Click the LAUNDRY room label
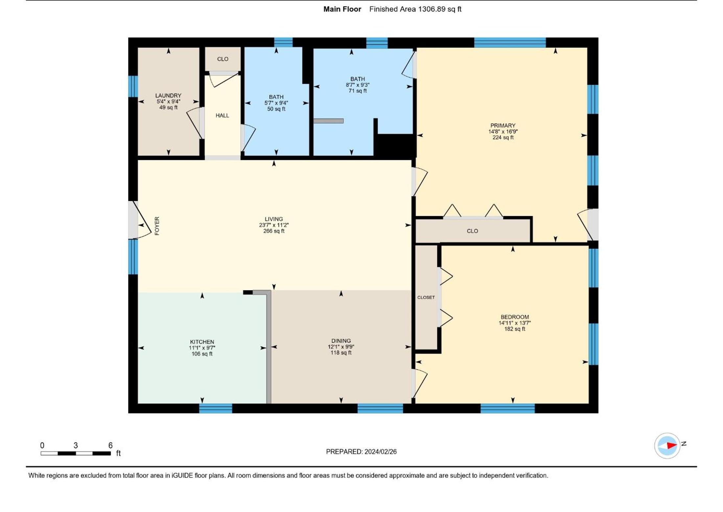168,96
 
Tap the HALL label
222,115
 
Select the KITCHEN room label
202,342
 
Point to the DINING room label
341,341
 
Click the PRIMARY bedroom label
503,126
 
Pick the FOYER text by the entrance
157,226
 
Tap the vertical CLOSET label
426,297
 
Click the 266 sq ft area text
274,231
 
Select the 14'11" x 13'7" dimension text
515,323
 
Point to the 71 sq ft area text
358,91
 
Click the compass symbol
667,446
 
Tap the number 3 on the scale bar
76,445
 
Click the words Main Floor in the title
342,9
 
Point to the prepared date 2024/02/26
381,452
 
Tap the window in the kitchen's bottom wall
216,408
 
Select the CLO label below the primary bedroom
472,231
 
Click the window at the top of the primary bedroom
510,43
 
